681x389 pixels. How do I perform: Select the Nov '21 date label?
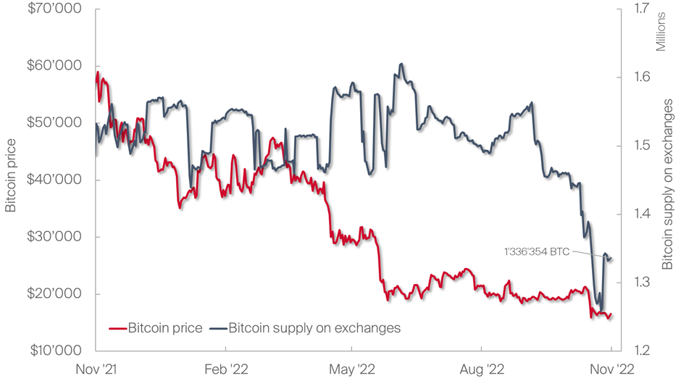tap(96, 369)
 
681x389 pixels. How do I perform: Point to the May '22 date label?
tap(352, 369)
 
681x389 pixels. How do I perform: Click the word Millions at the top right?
tap(661, 33)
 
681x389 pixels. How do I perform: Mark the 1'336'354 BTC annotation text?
tap(537, 251)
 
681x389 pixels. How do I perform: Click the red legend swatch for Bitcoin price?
tap(117, 328)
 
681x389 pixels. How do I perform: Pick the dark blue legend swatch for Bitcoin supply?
tap(217, 328)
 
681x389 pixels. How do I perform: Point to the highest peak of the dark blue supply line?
tap(401, 64)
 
